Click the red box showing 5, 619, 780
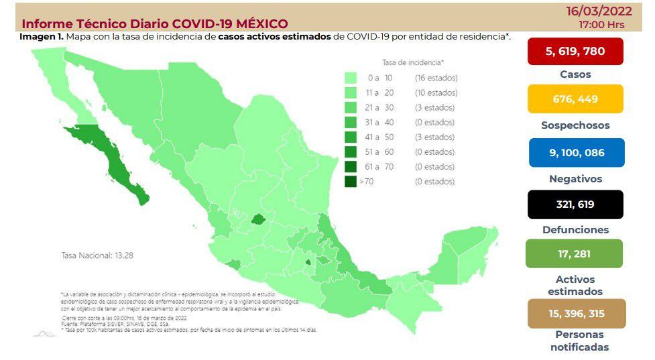click(575, 51)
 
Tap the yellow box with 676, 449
click(575, 99)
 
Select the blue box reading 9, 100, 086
click(576, 152)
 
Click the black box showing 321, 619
click(575, 204)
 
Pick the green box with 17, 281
click(575, 253)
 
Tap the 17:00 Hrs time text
click(601, 23)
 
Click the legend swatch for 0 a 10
click(351, 78)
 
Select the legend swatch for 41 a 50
click(351, 137)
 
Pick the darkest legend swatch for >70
click(351, 181)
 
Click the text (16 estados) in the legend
click(436, 78)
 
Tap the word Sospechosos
click(575, 125)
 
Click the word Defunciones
click(575, 229)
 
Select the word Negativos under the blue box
click(575, 179)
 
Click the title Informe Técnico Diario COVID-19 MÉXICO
click(155, 24)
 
